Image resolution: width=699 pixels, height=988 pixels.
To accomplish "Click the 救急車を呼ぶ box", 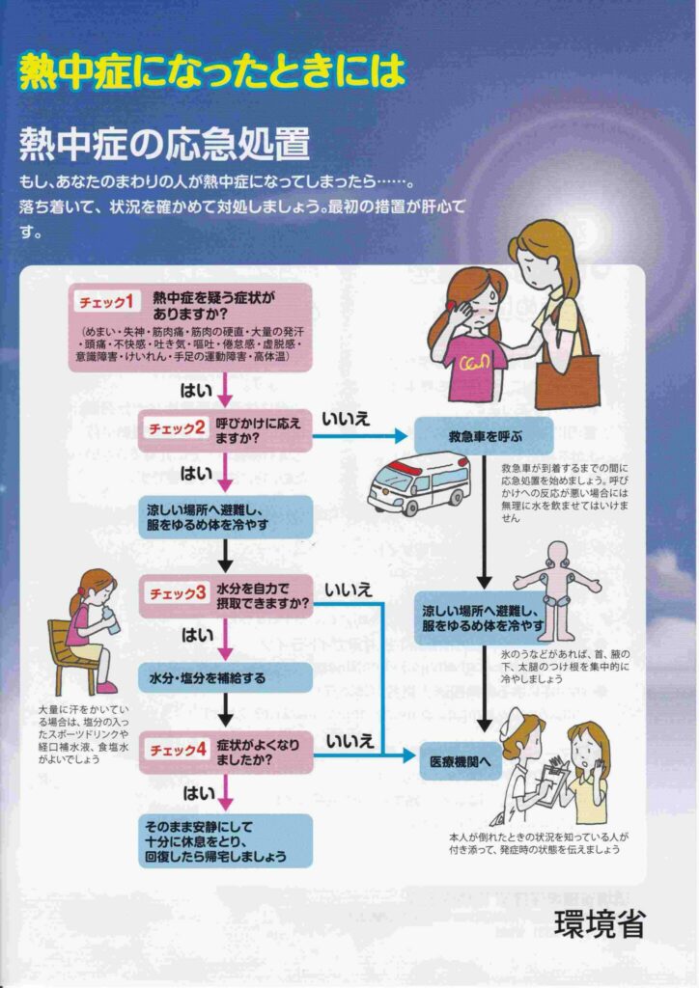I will (x=484, y=435).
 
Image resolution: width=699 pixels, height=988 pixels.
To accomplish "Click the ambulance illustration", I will (x=418, y=481).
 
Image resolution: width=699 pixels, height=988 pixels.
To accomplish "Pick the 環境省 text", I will (x=600, y=922).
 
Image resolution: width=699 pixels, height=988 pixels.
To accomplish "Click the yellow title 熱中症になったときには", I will (x=211, y=72).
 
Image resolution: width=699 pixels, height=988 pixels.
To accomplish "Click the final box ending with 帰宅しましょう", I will (x=226, y=840).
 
